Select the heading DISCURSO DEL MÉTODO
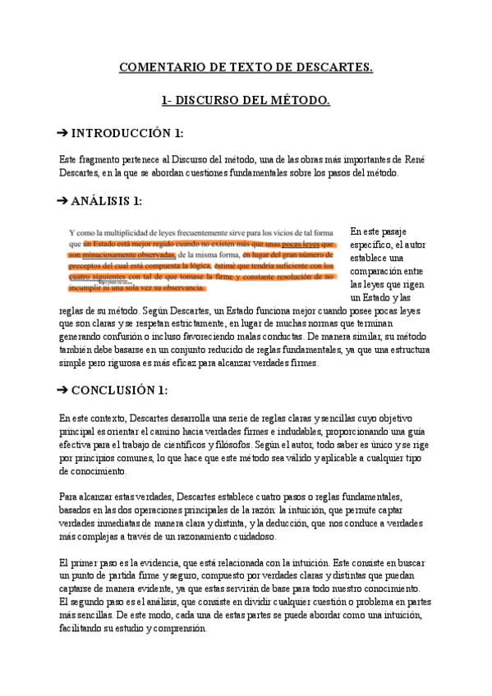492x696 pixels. [x=255, y=101]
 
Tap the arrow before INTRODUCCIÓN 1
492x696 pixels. [x=64, y=133]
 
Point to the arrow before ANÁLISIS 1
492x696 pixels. [x=64, y=200]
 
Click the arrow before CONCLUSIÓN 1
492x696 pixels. [x=64, y=390]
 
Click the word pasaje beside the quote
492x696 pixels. [x=389, y=232]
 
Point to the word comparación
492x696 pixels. [x=379, y=271]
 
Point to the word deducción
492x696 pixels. [x=349, y=524]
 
